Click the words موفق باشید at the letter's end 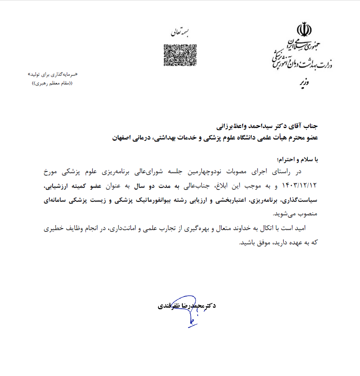pos(253,243)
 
